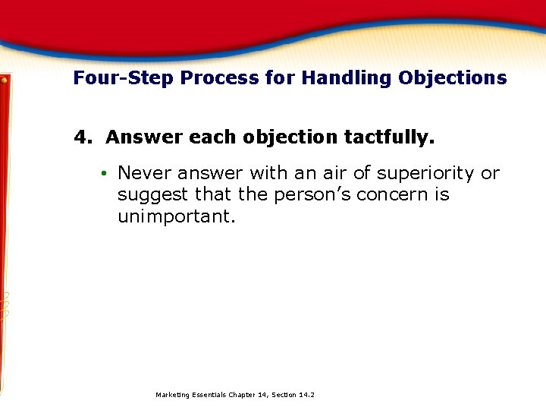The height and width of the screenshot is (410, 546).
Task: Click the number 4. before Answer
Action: click(82, 137)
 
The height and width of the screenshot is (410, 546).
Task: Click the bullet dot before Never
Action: click(102, 174)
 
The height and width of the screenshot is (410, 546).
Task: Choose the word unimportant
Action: click(176, 216)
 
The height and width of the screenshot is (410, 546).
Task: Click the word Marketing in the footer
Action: click(173, 395)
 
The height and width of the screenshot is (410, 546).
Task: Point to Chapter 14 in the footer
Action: click(245, 395)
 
